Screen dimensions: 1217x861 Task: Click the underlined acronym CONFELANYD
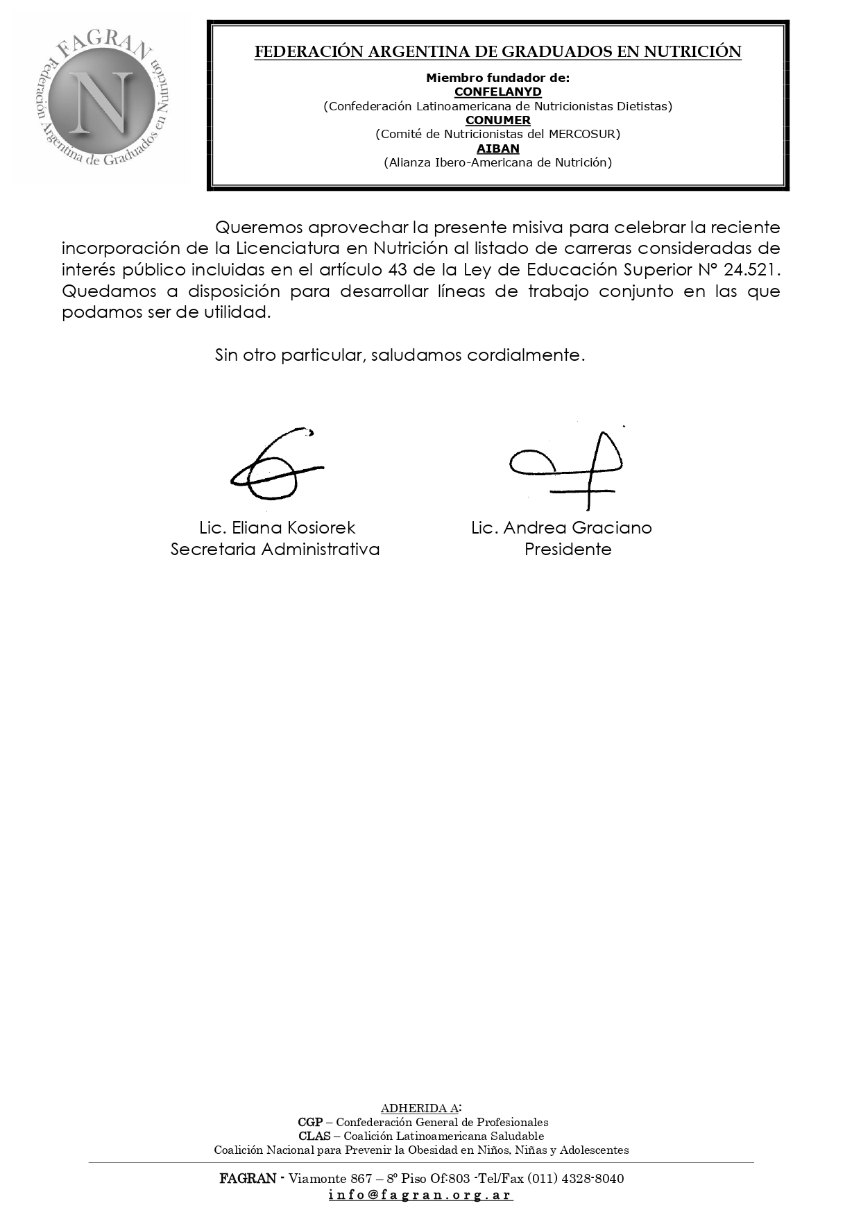click(497, 92)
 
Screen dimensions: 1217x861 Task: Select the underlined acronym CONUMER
click(497, 120)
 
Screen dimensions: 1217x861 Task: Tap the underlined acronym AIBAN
click(497, 148)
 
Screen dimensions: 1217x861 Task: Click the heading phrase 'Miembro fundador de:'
click(497, 78)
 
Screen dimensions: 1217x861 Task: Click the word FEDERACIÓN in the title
click(298, 52)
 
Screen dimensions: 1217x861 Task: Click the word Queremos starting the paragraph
click(258, 228)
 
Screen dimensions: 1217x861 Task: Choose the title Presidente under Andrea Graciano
click(568, 550)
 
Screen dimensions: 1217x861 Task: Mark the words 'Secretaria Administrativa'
click(275, 550)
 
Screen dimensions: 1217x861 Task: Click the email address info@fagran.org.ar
click(420, 1195)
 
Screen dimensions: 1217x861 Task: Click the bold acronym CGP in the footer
click(309, 1122)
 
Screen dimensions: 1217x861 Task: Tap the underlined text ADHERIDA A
click(419, 1108)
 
